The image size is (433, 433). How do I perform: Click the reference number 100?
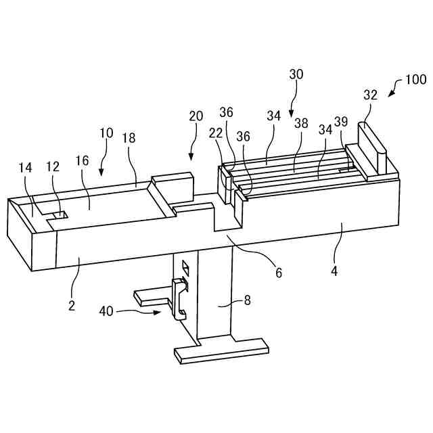pyautogui.click(x=415, y=80)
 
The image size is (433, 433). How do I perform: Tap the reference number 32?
pyautogui.click(x=369, y=95)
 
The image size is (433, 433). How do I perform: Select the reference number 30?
pyautogui.click(x=296, y=75)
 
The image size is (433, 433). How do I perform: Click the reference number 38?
pyautogui.click(x=300, y=124)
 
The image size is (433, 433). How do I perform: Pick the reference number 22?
pyautogui.click(x=216, y=133)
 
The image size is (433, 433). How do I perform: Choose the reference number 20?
pyautogui.click(x=196, y=116)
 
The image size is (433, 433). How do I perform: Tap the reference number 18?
pyautogui.click(x=129, y=138)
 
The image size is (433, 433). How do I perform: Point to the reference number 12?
pyautogui.click(x=52, y=166)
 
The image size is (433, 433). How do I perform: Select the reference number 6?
pyautogui.click(x=277, y=273)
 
